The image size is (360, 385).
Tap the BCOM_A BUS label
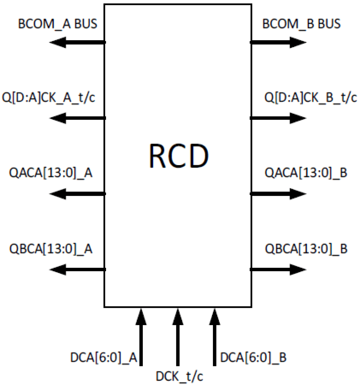tap(58, 24)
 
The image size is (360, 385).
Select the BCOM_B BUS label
tap(301, 24)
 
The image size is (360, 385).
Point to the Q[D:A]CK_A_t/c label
tap(48, 98)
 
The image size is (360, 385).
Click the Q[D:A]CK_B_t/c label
tap(310, 98)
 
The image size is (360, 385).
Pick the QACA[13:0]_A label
tap(51, 173)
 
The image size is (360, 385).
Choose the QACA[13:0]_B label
tap(306, 173)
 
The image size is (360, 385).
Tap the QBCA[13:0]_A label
tap(51, 249)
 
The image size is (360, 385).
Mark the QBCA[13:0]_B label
tap(306, 249)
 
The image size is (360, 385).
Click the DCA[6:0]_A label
tap(103, 357)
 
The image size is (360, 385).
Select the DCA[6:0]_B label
tap(253, 357)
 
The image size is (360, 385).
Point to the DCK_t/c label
tap(179, 376)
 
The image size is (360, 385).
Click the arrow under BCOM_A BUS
tap(78, 42)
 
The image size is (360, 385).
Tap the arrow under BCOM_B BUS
tap(278, 42)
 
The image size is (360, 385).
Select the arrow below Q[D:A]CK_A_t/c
tap(78, 118)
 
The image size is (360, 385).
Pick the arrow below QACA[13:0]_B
tap(278, 194)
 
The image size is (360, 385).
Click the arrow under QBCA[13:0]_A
tap(78, 269)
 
